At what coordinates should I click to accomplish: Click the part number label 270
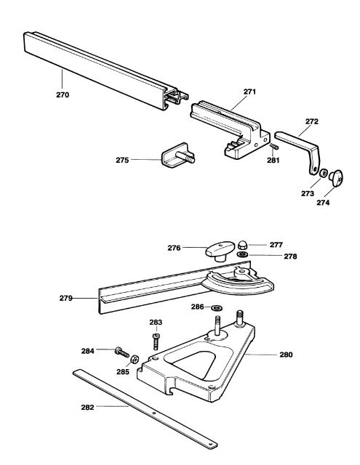click(x=63, y=94)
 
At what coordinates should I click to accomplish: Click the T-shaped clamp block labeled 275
click(x=173, y=155)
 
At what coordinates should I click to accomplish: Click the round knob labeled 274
click(x=336, y=176)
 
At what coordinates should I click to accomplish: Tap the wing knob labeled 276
click(x=217, y=251)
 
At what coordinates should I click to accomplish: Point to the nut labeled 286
click(x=217, y=308)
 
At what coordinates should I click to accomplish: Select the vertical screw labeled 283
click(x=156, y=341)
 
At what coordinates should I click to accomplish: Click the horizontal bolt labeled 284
click(x=119, y=352)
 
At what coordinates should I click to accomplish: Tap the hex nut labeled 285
click(x=135, y=360)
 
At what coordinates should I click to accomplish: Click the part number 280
click(x=287, y=355)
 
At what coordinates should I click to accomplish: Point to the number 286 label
click(x=197, y=307)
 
